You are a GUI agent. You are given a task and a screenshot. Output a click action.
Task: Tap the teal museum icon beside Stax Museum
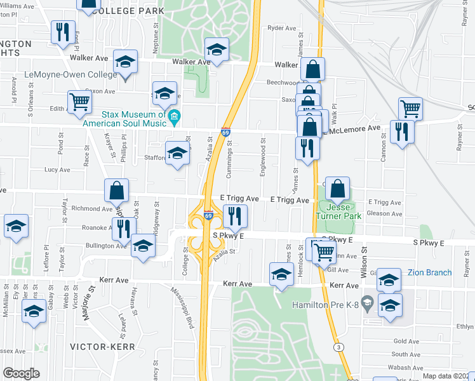[174, 116]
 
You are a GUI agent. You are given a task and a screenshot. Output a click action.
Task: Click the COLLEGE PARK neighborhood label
[127, 11]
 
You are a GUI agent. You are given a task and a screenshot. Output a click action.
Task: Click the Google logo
[22, 373]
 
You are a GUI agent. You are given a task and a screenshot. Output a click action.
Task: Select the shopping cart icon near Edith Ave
[79, 102]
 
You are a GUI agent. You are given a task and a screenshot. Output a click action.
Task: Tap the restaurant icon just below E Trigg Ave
[234, 215]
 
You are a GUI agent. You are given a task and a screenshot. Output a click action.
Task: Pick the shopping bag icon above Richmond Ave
[117, 189]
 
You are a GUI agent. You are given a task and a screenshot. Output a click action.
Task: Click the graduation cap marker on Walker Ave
[217, 50]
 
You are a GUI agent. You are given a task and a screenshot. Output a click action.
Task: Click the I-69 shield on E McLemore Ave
[225, 132]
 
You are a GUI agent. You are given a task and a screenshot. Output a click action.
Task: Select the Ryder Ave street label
[282, 28]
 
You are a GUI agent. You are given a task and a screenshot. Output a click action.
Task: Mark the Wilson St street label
[365, 258]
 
